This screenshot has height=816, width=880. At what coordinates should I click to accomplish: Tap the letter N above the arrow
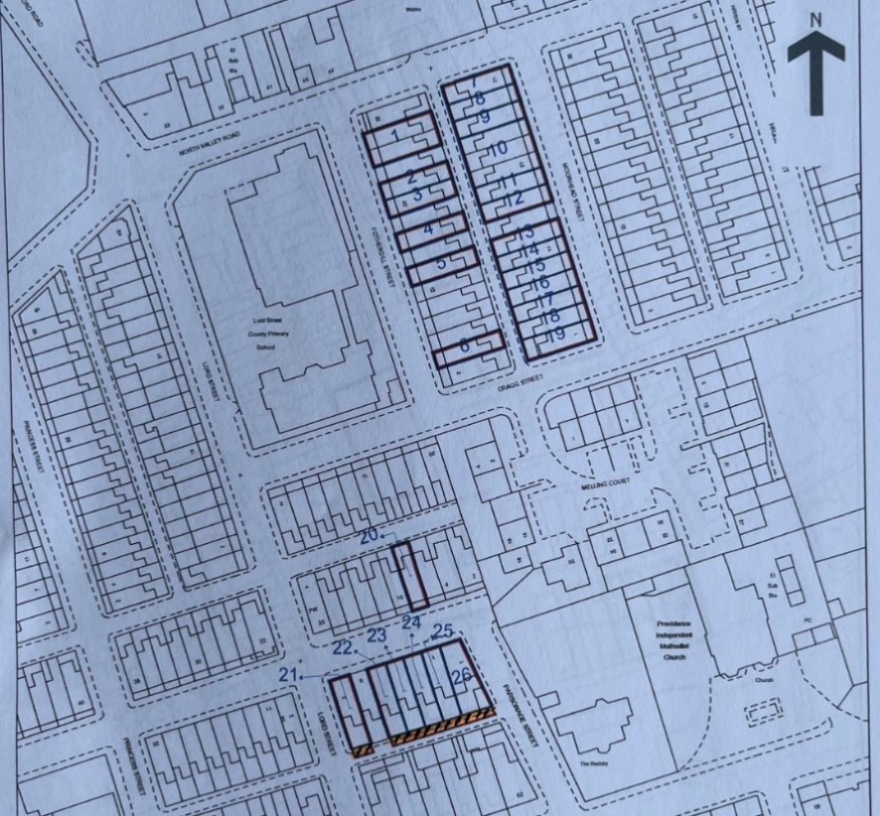[815, 18]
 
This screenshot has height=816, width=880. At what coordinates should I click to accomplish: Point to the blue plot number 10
[498, 149]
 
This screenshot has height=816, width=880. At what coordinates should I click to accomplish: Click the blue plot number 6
[465, 346]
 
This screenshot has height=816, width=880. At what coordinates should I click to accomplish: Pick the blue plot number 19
[556, 336]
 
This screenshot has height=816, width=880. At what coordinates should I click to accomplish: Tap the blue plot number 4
[428, 228]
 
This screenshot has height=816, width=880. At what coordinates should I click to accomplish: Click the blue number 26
[461, 677]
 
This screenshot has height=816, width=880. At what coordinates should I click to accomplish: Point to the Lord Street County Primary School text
[265, 329]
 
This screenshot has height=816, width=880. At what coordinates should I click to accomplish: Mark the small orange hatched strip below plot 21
[364, 750]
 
